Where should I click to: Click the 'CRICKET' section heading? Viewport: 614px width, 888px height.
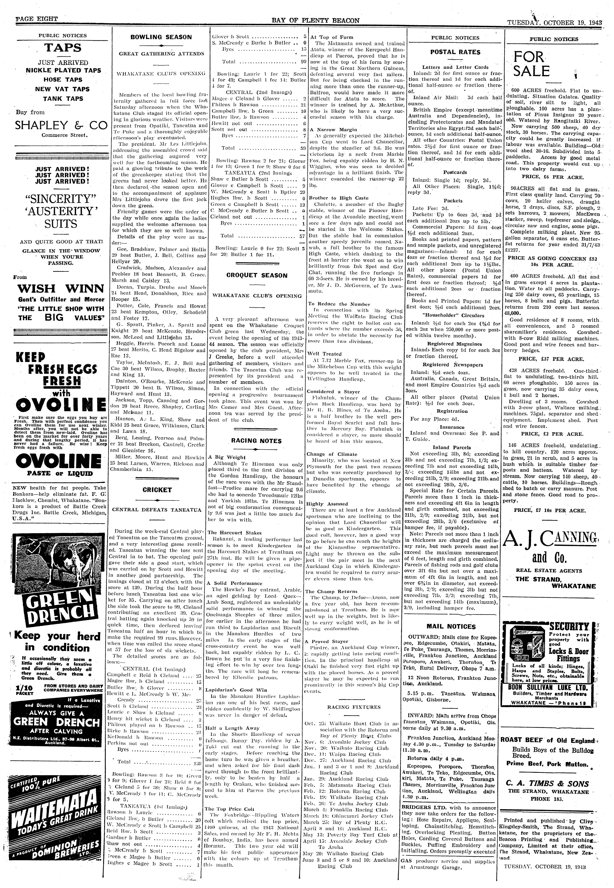tap(157, 490)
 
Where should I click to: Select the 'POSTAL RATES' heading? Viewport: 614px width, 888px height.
tap(455, 52)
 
